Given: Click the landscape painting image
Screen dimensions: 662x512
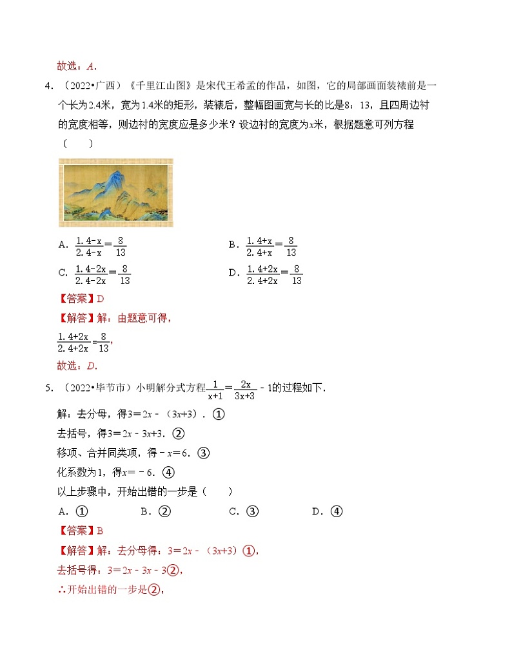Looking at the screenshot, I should (116, 193).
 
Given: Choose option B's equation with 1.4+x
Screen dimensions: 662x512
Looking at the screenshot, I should (271, 246).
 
